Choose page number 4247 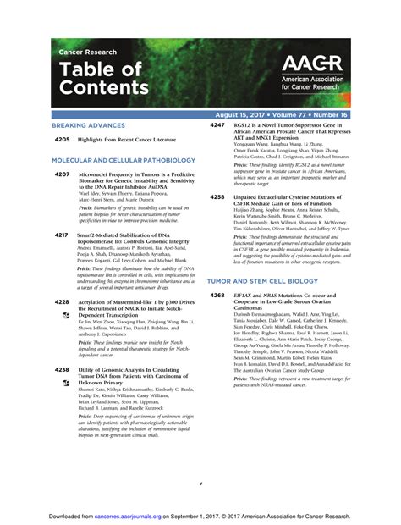click(x=217, y=124)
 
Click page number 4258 click(x=217, y=196)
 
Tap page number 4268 click(x=217, y=294)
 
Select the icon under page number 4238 click(x=66, y=384)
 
